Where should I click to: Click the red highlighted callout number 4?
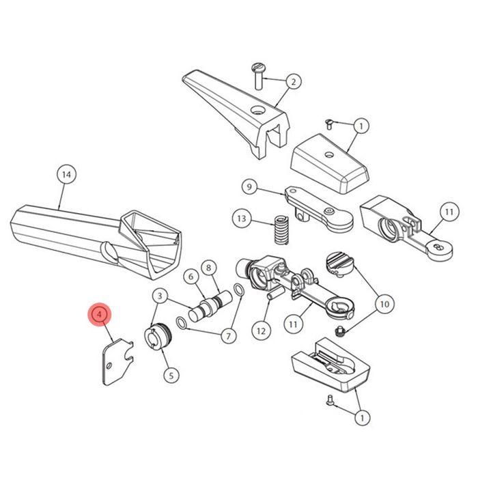(100, 314)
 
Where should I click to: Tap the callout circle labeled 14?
(66, 175)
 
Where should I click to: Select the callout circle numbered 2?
(293, 82)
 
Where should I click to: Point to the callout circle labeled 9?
(249, 187)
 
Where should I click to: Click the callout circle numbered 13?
(242, 219)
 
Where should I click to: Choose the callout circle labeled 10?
(384, 304)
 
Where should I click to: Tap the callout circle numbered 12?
(261, 331)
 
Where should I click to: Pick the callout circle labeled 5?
(171, 376)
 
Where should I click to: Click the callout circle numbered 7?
(228, 336)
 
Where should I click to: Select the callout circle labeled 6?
(191, 277)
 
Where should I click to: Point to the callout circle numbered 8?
(209, 268)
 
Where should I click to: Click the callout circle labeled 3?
(160, 296)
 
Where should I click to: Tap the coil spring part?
(281, 230)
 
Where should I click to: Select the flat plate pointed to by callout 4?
(117, 363)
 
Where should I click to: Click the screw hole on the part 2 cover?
(256, 110)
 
